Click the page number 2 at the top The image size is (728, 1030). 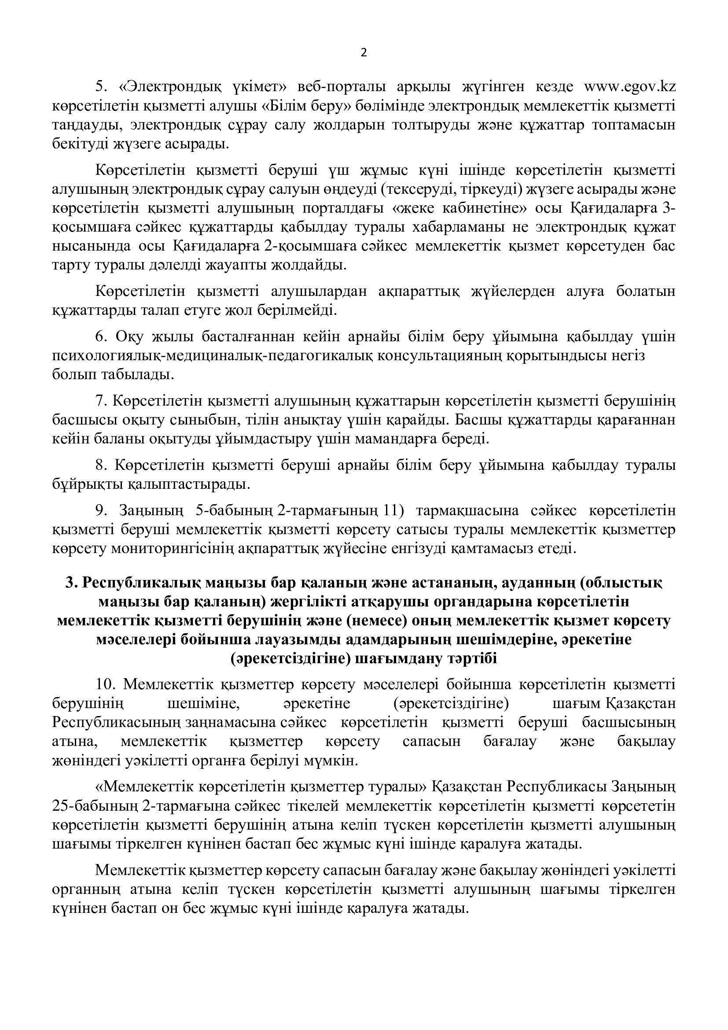364,53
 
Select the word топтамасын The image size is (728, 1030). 634,126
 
